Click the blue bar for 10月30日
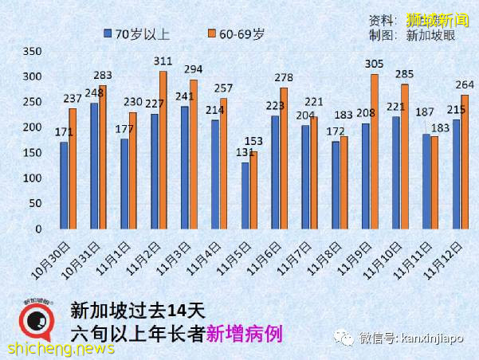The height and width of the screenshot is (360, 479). click(64, 185)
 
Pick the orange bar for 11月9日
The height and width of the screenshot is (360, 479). click(374, 151)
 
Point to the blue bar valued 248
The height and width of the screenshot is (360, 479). click(94, 166)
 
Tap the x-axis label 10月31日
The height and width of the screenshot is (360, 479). click(84, 256)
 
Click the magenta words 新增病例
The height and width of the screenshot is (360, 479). click(243, 333)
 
